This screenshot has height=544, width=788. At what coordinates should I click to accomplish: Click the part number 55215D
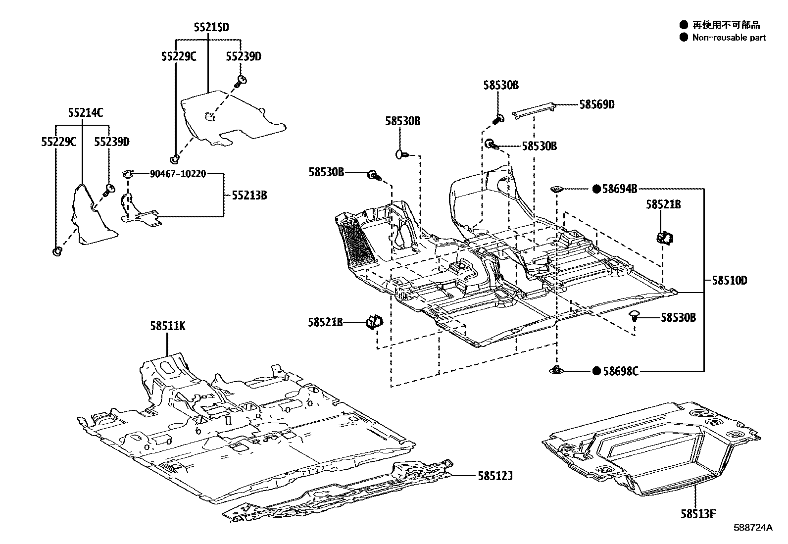click(211, 27)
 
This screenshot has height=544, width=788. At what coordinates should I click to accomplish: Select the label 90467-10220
click(178, 174)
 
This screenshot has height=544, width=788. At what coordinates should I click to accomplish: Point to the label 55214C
click(86, 113)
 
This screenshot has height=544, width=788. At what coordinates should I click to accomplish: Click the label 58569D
click(597, 104)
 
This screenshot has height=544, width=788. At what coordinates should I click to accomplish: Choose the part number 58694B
click(619, 189)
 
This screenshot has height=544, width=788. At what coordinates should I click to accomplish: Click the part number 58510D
click(729, 281)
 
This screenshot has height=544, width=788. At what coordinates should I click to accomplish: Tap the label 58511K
click(168, 326)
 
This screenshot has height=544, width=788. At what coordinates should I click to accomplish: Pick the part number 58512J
click(494, 476)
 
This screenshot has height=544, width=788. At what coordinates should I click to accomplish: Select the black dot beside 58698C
click(596, 371)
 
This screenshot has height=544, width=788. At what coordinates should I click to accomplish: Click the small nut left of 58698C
click(557, 369)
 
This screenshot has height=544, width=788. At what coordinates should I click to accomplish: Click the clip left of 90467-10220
click(128, 174)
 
